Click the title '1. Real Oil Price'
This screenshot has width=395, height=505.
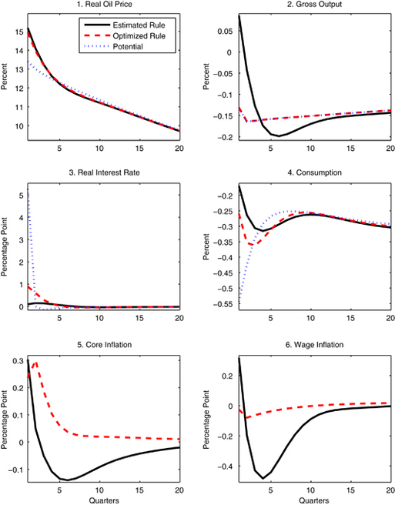click(x=102, y=7)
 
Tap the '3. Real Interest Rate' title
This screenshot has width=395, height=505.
click(x=102, y=175)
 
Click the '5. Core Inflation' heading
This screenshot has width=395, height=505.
click(x=102, y=344)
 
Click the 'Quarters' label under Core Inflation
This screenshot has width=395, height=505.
click(x=102, y=498)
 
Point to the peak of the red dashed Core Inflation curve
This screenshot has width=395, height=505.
click(x=35, y=362)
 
